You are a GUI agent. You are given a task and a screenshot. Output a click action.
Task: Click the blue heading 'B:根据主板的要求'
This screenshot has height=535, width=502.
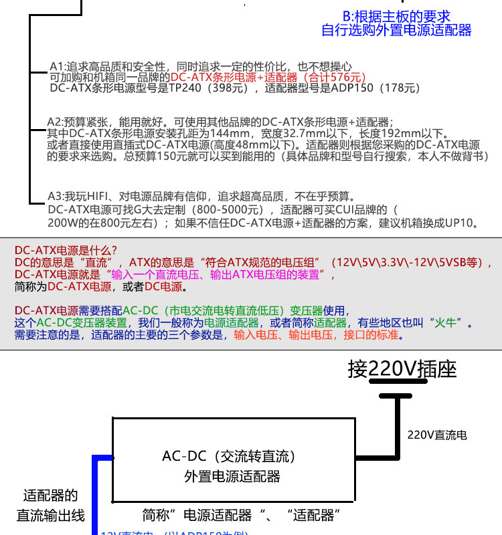(x=396, y=17)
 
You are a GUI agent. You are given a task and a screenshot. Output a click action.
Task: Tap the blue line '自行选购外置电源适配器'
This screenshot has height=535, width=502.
(x=396, y=31)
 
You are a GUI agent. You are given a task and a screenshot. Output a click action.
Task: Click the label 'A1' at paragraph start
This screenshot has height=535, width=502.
(x=58, y=67)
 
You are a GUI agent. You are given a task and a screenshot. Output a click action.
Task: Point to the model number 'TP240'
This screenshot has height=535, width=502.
(x=183, y=88)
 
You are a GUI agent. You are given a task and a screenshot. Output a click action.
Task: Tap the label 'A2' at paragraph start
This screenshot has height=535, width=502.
(x=54, y=122)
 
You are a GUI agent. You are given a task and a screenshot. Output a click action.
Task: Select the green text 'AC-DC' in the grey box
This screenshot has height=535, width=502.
(x=140, y=311)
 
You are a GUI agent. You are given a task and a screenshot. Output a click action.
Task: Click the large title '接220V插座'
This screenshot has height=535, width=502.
(x=402, y=369)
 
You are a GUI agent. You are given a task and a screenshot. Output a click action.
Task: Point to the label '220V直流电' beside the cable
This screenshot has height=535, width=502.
(x=437, y=435)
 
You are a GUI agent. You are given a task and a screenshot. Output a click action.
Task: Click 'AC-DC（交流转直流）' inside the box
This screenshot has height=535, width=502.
(x=228, y=457)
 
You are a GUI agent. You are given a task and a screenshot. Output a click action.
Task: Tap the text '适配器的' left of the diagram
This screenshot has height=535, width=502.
(x=51, y=496)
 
